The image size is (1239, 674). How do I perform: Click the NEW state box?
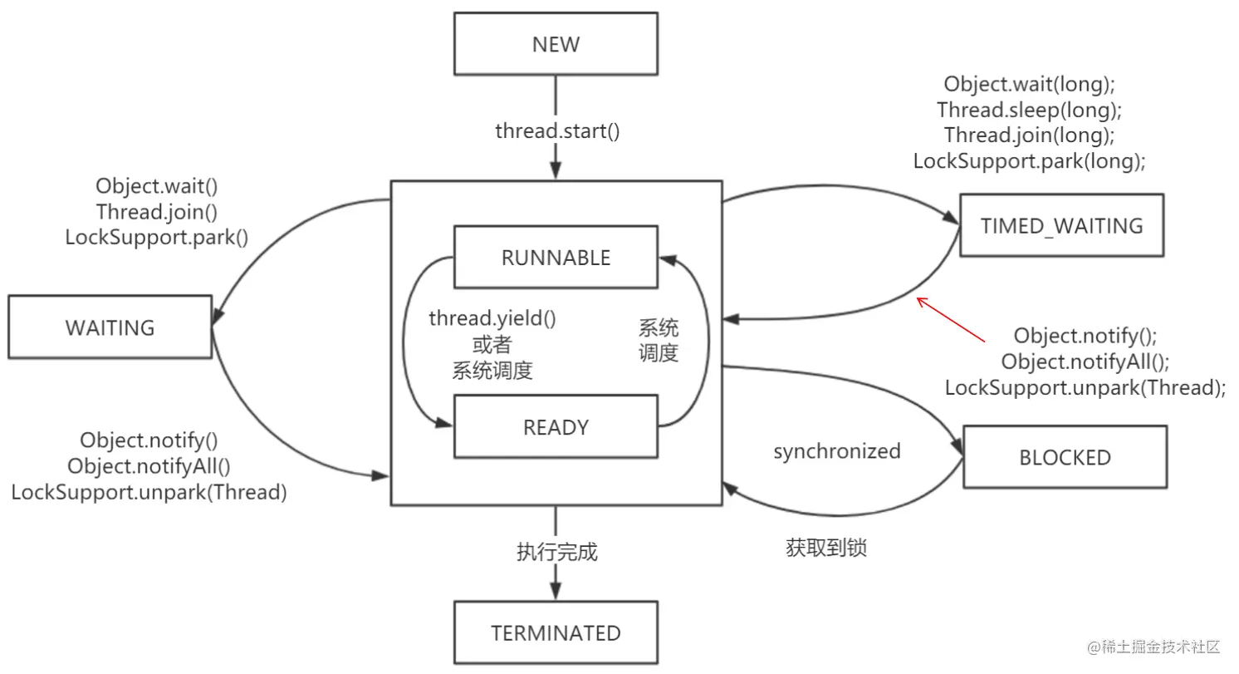(x=556, y=44)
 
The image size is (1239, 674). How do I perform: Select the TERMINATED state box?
(x=556, y=632)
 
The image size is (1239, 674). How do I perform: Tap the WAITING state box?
(x=110, y=327)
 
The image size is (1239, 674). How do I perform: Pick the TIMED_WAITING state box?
(x=1062, y=225)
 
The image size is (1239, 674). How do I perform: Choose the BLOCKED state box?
(x=1065, y=457)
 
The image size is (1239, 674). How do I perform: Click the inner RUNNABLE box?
(x=556, y=258)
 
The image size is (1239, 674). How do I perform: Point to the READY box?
(x=556, y=426)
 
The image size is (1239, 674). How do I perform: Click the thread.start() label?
(x=557, y=131)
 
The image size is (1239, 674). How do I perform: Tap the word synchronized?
(x=837, y=451)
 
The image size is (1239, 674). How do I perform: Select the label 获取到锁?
(x=826, y=548)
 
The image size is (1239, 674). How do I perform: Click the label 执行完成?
(x=557, y=552)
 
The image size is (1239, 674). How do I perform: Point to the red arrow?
(x=951, y=320)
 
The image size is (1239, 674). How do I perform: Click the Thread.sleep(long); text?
(x=1030, y=110)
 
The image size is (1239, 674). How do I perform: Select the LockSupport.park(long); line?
(x=1030, y=161)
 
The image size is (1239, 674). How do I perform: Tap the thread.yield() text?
(x=492, y=318)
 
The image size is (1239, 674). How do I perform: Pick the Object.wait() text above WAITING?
(x=156, y=186)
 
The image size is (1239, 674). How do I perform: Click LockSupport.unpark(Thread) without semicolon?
(x=149, y=492)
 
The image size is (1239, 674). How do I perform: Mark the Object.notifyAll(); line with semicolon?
(x=1085, y=362)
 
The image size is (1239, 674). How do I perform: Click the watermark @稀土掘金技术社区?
(x=1153, y=647)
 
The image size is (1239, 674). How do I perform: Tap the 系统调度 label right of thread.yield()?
(x=659, y=340)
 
